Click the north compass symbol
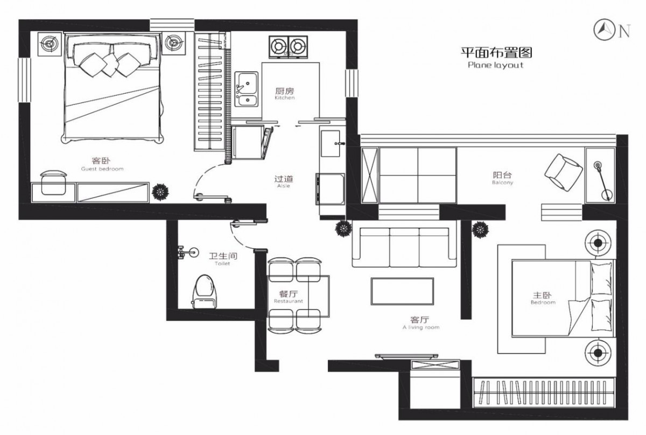pyautogui.click(x=602, y=30)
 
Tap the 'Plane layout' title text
pyautogui.click(x=495, y=65)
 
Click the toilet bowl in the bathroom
pyautogui.click(x=205, y=291)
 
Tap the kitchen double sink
pyautogui.click(x=247, y=89)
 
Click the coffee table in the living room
pyautogui.click(x=402, y=291)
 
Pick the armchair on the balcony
pyautogui.click(x=563, y=172)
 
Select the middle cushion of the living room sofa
pyautogui.click(x=404, y=248)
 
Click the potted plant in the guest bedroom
pyautogui.click(x=160, y=192)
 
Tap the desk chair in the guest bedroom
pyautogui.click(x=54, y=183)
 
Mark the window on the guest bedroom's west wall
pyautogui.click(x=25, y=80)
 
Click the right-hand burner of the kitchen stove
pyautogui.click(x=298, y=46)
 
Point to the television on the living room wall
pyautogui.click(x=406, y=356)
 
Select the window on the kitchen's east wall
pyautogui.click(x=352, y=83)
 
